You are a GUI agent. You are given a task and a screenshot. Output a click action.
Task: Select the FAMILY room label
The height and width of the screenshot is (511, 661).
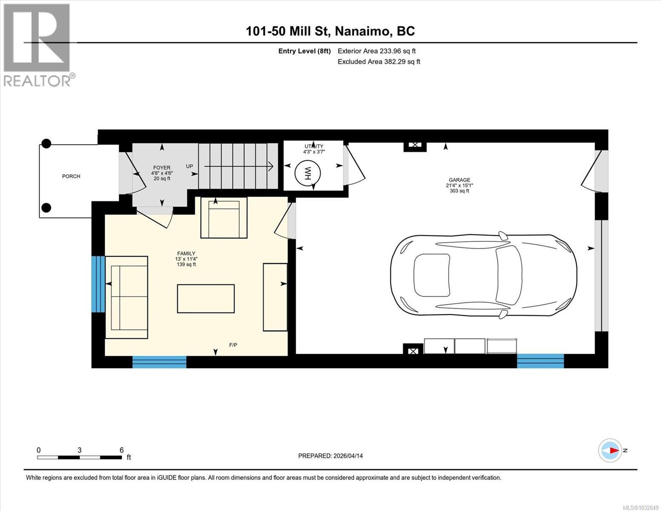coord(186,253)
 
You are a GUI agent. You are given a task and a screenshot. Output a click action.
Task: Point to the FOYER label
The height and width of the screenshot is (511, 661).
coord(161,168)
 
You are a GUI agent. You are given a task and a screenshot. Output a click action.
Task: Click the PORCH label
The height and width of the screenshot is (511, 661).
coord(71,176)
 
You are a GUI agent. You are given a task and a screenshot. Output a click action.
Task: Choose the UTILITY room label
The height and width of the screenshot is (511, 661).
coord(314,146)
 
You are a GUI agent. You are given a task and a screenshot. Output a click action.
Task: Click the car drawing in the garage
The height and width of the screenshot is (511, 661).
coord(484,276)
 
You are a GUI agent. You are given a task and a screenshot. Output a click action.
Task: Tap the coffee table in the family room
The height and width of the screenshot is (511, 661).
coord(206,299)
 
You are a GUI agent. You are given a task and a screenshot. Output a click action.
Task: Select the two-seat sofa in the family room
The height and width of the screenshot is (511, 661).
coord(126,297)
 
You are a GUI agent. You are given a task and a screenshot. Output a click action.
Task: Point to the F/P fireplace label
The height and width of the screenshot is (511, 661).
coord(233,345)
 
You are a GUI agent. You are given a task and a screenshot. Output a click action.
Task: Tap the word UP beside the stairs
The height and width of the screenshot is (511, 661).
coord(189,166)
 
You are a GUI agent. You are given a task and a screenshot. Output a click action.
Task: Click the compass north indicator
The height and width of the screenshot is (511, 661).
coord(610,450)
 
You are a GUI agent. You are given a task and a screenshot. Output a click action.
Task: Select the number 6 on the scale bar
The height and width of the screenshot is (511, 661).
coord(122,450)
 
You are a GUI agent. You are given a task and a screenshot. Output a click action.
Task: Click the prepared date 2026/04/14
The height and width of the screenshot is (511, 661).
coord(348,456)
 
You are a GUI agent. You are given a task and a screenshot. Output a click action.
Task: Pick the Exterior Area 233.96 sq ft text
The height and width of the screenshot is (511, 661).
coord(376,51)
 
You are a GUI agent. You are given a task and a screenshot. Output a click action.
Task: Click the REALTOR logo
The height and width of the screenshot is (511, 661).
coord(37,45)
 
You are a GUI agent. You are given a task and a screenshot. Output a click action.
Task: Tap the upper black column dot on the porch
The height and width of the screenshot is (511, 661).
coord(46,144)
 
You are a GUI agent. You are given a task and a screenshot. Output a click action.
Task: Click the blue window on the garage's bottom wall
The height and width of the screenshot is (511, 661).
coord(540,361)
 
